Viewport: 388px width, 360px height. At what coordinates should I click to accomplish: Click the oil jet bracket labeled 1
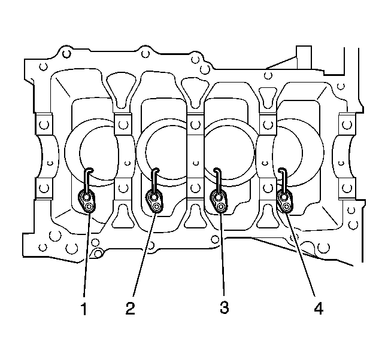pos(87,202)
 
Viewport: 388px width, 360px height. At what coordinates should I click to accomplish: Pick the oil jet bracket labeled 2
pos(154,201)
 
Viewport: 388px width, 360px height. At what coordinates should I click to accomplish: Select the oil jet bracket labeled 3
pos(219,201)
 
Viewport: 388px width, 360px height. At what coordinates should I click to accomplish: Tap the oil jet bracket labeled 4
pos(285,202)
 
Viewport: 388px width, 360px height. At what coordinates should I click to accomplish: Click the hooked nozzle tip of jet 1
pos(90,169)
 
